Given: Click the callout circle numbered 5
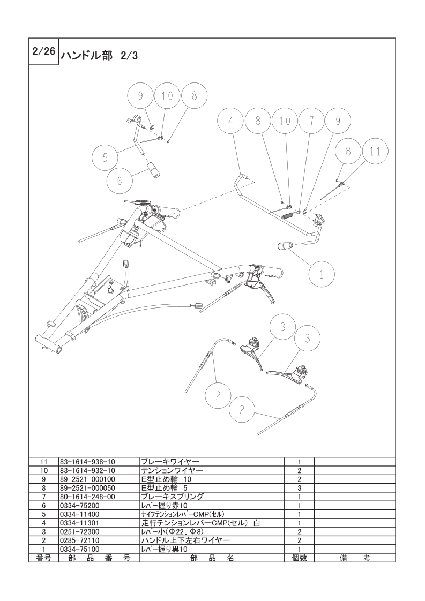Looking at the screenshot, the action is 105,157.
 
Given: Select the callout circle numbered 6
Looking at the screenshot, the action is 120,181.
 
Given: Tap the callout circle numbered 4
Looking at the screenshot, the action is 230,121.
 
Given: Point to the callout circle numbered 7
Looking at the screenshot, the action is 311,121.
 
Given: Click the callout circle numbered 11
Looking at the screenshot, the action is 375,152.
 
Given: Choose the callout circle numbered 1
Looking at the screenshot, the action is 322,274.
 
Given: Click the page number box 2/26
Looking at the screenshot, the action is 43,51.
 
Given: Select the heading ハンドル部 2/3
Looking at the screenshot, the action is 99,56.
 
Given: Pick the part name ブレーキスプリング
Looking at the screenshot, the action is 173,497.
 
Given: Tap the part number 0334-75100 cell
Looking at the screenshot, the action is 80,549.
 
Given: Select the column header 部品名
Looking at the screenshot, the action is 212,558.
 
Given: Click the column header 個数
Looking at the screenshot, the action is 299,558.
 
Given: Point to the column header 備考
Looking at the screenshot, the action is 355,558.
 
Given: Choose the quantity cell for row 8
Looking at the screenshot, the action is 299,488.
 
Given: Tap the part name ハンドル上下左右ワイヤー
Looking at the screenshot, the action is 186,540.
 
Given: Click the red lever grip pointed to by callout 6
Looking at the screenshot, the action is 154,169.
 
